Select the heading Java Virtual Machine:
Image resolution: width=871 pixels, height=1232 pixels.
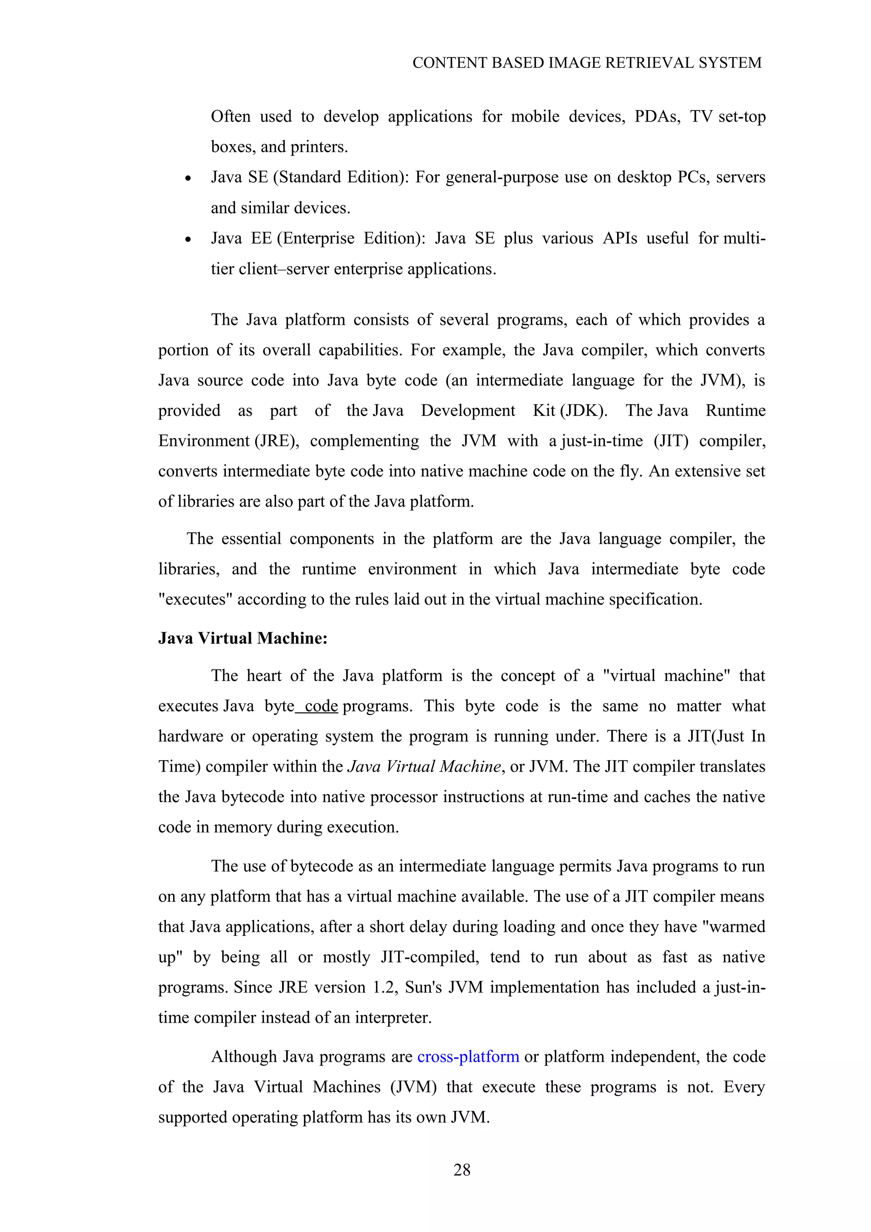click(x=242, y=638)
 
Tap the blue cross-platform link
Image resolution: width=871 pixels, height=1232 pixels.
click(x=468, y=1056)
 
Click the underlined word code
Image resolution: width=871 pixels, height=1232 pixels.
click(x=321, y=706)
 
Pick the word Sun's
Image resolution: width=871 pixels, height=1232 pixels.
click(x=427, y=987)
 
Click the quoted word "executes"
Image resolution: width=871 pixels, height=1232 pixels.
click(x=195, y=599)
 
